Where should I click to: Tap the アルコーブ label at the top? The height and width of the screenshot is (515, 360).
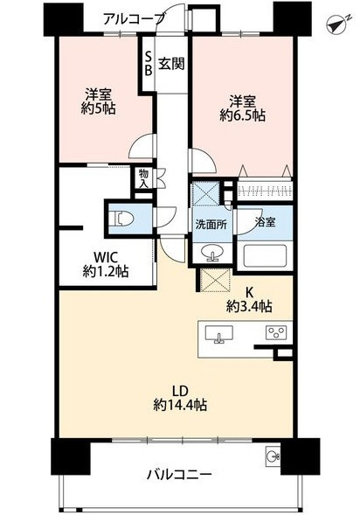pyautogui.click(x=134, y=18)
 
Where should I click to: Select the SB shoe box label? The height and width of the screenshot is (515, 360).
pyautogui.click(x=149, y=64)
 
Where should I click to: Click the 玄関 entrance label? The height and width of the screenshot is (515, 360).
pyautogui.click(x=171, y=63)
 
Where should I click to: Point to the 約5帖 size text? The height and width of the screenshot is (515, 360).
pyautogui.click(x=98, y=108)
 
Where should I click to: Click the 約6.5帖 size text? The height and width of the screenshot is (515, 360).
pyautogui.click(x=243, y=115)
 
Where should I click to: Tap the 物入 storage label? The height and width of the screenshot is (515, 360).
pyautogui.click(x=143, y=178)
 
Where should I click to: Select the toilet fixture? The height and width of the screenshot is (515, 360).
pyautogui.click(x=121, y=219)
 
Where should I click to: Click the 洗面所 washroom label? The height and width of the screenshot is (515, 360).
pyautogui.click(x=211, y=225)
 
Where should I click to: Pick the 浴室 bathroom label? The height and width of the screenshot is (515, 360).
pyautogui.click(x=265, y=222)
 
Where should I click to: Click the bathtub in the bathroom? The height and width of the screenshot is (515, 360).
pyautogui.click(x=265, y=255)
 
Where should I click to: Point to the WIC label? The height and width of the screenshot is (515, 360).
pyautogui.click(x=106, y=256)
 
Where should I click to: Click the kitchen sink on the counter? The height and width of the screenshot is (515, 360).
pyautogui.click(x=219, y=334)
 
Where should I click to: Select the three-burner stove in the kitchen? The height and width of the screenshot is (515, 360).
pyautogui.click(x=276, y=332)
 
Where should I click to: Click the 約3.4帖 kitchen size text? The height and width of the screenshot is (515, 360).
pyautogui.click(x=249, y=306)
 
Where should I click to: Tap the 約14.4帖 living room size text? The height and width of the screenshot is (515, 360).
pyautogui.click(x=180, y=406)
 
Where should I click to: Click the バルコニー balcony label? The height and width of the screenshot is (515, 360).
pyautogui.click(x=179, y=475)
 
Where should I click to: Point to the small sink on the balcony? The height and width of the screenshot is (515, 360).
pyautogui.click(x=273, y=456)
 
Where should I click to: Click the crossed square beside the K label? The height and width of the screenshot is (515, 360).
pyautogui.click(x=214, y=280)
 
